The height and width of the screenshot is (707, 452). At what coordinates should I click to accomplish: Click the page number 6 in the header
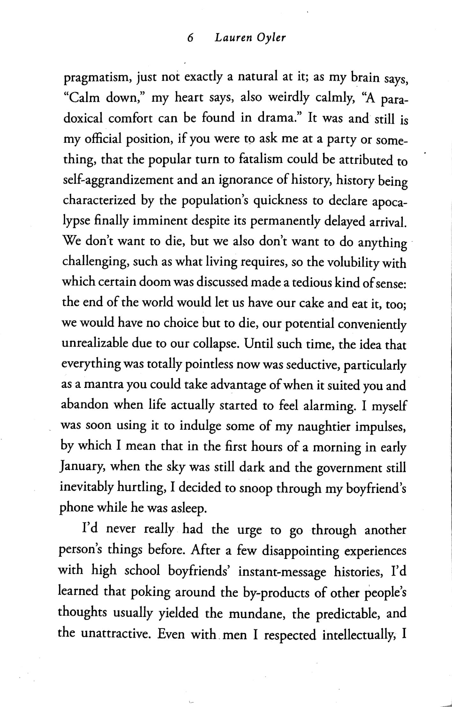click(x=190, y=38)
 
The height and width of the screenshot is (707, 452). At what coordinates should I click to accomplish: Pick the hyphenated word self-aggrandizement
click(x=117, y=181)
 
